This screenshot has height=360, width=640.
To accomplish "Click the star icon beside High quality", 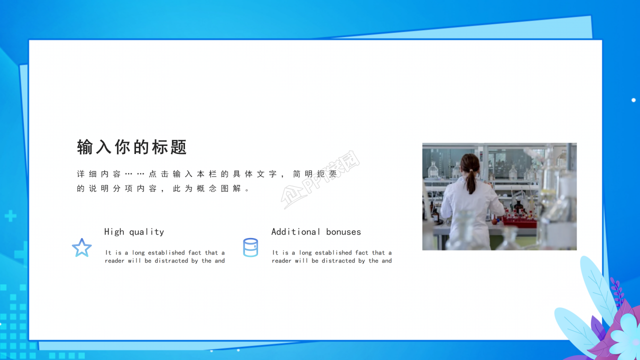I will point(82,248).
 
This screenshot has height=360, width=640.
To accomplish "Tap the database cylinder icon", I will point(250,247).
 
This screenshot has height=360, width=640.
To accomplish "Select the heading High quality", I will point(134,232).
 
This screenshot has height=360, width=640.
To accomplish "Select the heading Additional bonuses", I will point(316,232).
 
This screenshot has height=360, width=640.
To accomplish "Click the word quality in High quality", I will point(146,232).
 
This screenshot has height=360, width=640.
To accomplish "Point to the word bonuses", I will point(343,232).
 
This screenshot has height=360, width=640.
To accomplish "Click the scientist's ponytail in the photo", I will point(471,180).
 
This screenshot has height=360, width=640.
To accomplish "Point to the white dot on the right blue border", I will point(633,100).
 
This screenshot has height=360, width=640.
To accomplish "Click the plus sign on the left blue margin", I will point(10,216).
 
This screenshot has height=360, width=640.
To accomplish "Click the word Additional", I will point(296,232).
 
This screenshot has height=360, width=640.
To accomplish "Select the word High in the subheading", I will point(114,232).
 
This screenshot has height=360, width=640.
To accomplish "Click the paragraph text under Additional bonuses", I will point(332,256).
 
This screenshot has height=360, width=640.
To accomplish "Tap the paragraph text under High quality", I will point(165,256).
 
